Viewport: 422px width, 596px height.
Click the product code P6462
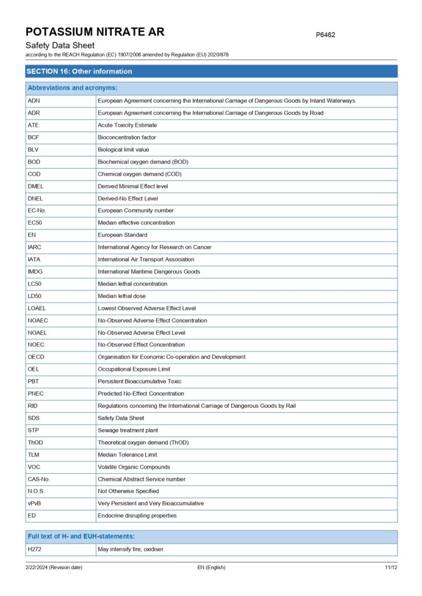point(325,35)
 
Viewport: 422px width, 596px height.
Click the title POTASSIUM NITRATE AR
point(95,31)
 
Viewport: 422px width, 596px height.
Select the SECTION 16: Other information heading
point(79,72)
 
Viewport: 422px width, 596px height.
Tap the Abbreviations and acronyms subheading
point(72,88)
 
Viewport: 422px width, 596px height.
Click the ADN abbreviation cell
point(34,101)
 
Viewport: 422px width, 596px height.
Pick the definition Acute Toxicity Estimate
point(127,125)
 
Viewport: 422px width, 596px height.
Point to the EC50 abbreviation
point(36,223)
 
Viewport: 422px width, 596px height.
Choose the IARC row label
point(34,247)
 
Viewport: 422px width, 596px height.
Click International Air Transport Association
point(146,260)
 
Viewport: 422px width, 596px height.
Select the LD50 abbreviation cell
point(34,296)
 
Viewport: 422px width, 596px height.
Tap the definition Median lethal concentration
point(132,284)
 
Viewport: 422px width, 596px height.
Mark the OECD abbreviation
point(36,357)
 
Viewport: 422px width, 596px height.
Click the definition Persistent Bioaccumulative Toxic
point(140,382)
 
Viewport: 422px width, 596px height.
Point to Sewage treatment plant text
point(127,431)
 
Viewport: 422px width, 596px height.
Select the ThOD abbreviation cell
point(36,443)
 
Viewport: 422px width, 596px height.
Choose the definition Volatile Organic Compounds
point(134,467)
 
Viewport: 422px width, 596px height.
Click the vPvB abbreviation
point(34,503)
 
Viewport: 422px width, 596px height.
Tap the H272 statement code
point(34,549)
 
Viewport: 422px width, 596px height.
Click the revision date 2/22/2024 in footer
point(54,567)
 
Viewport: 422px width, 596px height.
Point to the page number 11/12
point(391,567)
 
